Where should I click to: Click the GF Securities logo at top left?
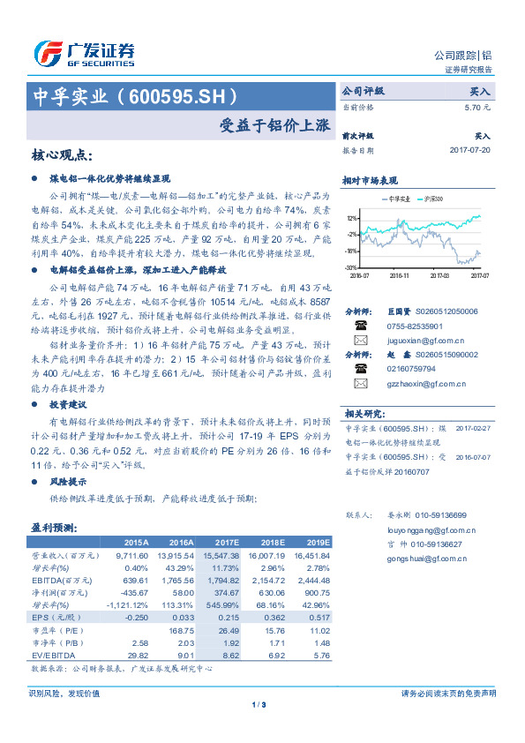coord(84,53)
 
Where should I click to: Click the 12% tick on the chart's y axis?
coord(352,217)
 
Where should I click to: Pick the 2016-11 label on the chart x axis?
coord(400,275)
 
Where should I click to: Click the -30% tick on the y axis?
coord(351,267)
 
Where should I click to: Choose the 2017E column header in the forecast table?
coord(228,543)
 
